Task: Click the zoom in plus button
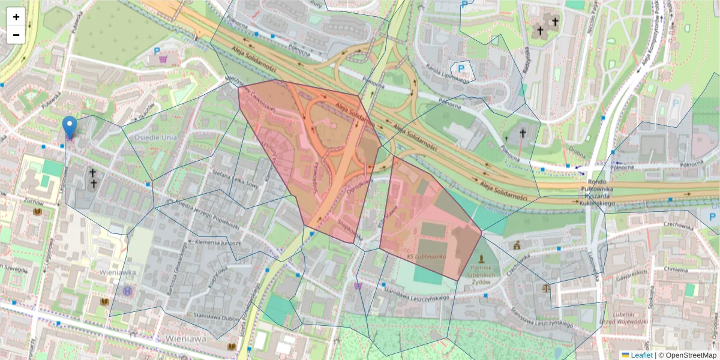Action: tap(16, 17)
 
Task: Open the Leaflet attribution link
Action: tap(647, 355)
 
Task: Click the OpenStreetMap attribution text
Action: tap(690, 355)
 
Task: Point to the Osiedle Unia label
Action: tap(142, 137)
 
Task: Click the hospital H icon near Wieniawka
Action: tap(127, 290)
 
